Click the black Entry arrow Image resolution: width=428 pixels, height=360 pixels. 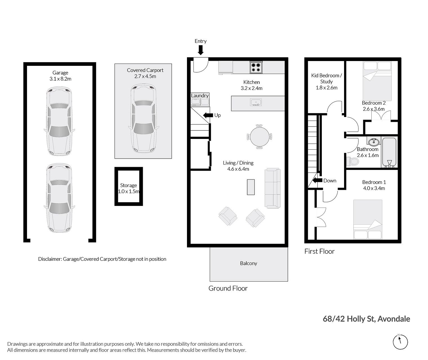point(200,50)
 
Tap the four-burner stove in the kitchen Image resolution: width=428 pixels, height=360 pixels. point(256,67)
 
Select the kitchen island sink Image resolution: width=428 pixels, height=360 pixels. point(256,102)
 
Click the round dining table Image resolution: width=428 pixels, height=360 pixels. point(260,137)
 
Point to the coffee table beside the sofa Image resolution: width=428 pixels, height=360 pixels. point(251,187)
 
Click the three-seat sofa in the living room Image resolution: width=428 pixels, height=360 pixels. point(273,188)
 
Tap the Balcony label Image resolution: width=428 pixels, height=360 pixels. point(248,263)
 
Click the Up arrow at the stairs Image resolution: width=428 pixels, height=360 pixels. point(208,115)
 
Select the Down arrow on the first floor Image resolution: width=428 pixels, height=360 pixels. point(317,180)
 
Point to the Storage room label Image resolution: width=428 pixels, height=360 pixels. point(128,185)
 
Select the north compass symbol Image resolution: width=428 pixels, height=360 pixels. point(400,342)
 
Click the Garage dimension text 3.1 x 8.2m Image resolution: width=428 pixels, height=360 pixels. point(60,79)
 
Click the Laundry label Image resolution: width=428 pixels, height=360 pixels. point(200,96)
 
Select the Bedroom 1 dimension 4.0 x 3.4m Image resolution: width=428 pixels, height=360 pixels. point(374,188)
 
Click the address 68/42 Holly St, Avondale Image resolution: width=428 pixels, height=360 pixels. point(366,319)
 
